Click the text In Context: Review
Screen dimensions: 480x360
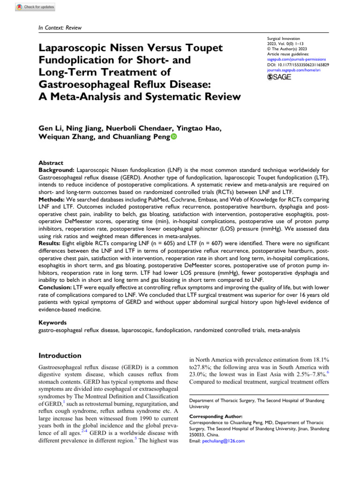pyautogui.click(x=60, y=28)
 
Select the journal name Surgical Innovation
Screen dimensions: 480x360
pyautogui.click(x=283, y=38)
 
